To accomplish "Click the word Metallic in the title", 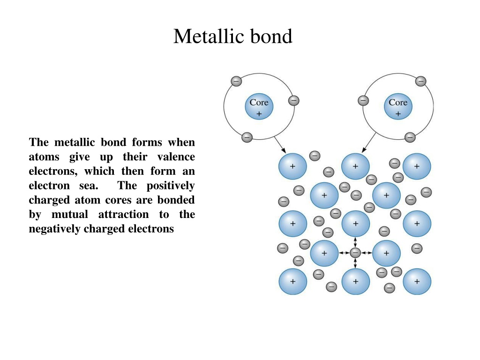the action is pos(209,36).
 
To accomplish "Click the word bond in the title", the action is pos(271,36).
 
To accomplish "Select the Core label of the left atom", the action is pos(259,102).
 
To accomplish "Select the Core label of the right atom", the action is pos(398,102).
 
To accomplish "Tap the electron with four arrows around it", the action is pos(355,253).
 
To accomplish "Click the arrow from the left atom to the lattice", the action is pos(280,145).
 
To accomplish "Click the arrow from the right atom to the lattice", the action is pos(369,142).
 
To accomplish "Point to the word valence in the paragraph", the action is pos(176,157).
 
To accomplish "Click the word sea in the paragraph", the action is pos(89,186).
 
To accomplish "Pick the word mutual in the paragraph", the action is pos(70,214).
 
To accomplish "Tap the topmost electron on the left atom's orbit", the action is pos(236,82).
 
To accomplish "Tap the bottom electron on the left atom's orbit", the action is pos(247,137).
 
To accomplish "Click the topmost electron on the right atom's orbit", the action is pos(420,82).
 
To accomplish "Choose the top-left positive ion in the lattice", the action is pos(292,166).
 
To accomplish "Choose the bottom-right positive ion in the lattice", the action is pos(417,281).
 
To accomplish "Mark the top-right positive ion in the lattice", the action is pos(417,166).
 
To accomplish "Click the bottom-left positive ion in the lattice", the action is pos(292,281).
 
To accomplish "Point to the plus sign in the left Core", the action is pos(259,114).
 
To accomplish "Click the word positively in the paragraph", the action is pos(171,186).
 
